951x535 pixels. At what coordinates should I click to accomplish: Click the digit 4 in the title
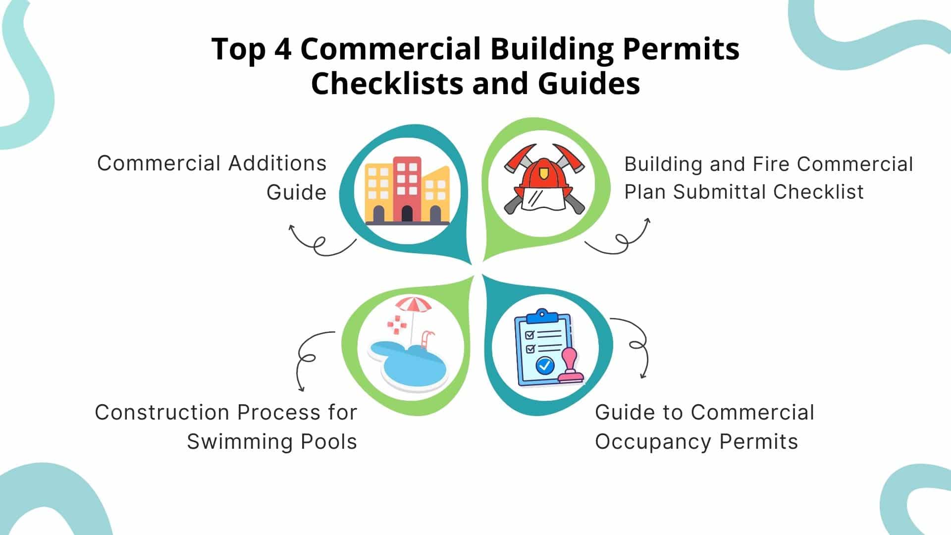click(282, 50)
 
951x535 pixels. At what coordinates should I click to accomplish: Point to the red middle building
click(407, 189)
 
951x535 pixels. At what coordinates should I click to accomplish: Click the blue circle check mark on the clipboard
click(545, 366)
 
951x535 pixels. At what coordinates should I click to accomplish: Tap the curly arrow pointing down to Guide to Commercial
click(638, 344)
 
